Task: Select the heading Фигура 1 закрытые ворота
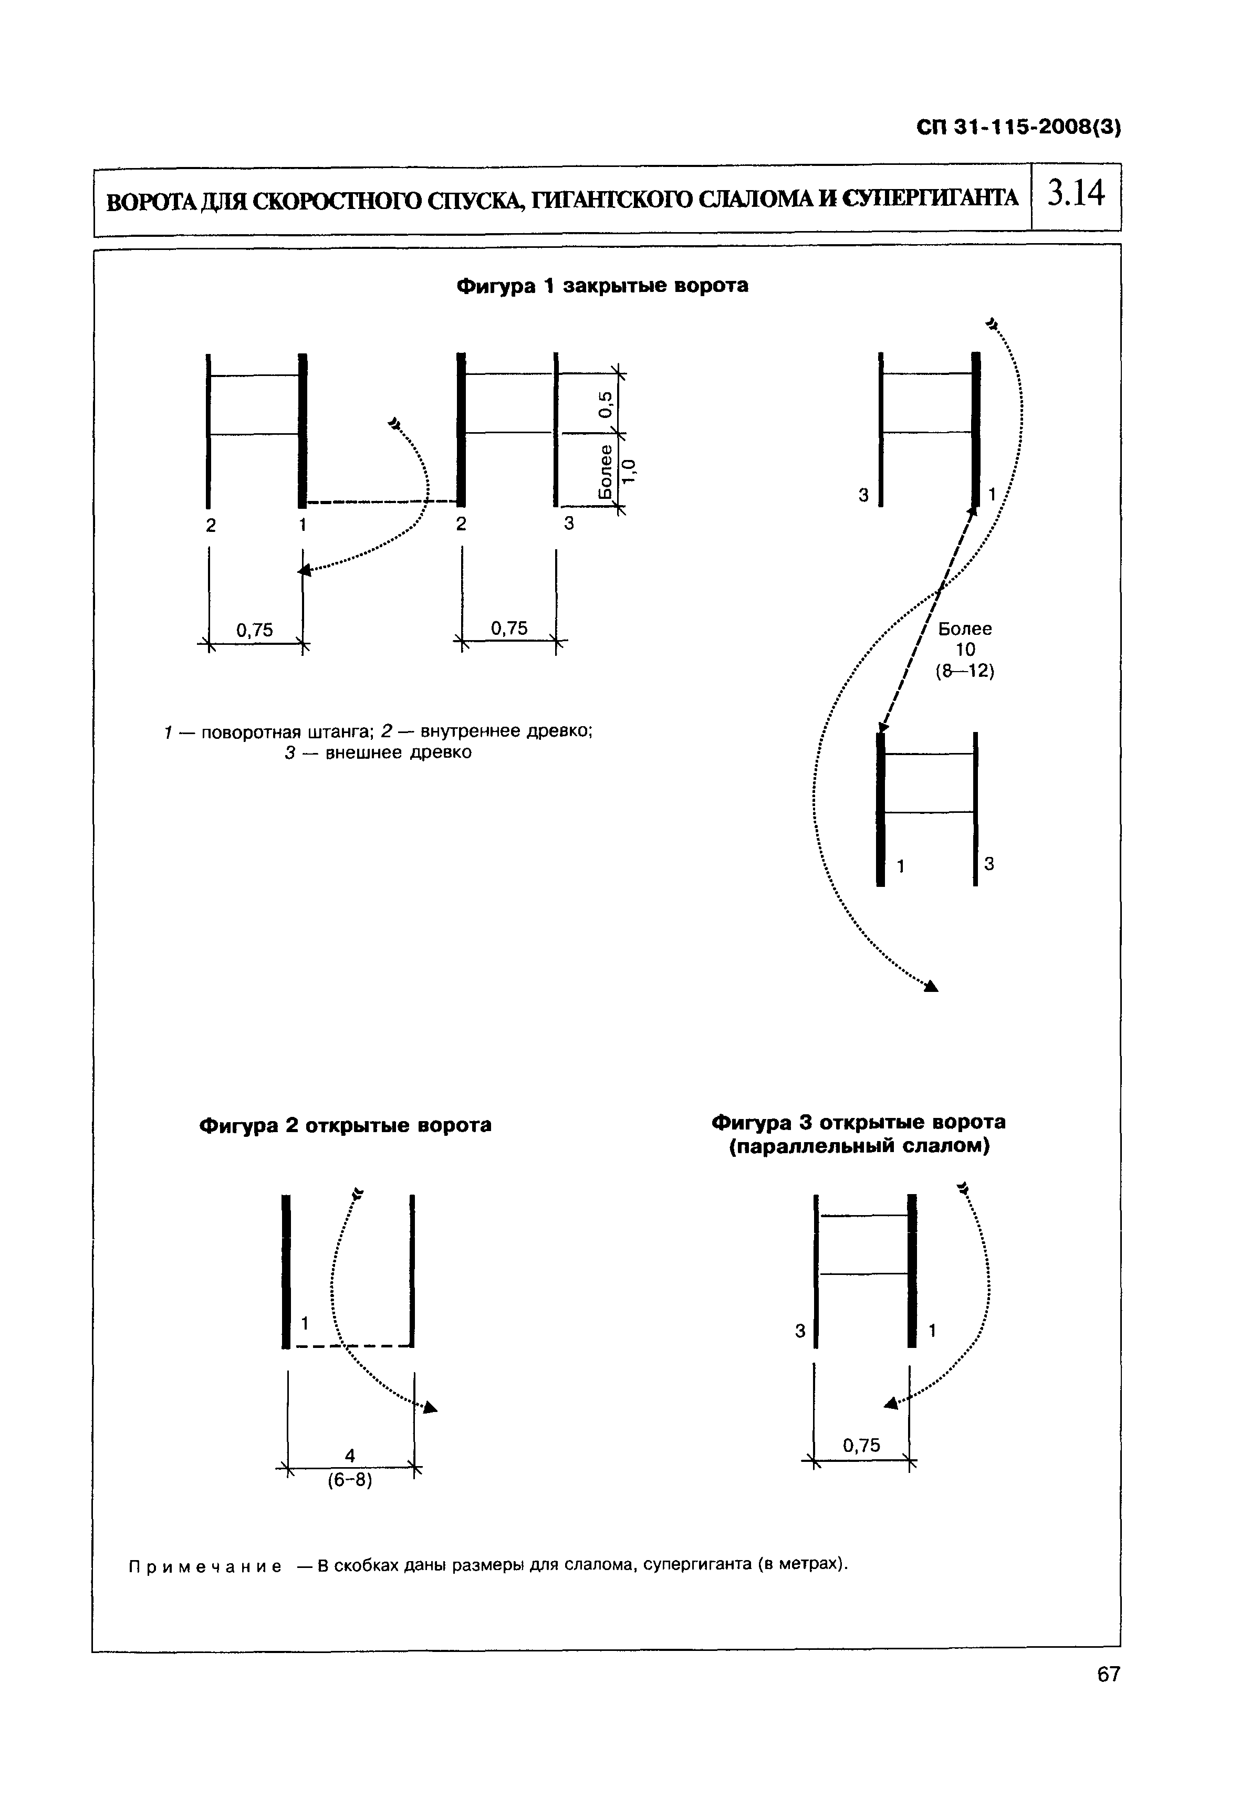[602, 286]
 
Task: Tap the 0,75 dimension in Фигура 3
[862, 1446]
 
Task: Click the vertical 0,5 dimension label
[606, 404]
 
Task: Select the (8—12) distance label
[965, 671]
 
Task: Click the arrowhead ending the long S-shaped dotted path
[931, 986]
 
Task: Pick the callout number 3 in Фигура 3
[799, 1331]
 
